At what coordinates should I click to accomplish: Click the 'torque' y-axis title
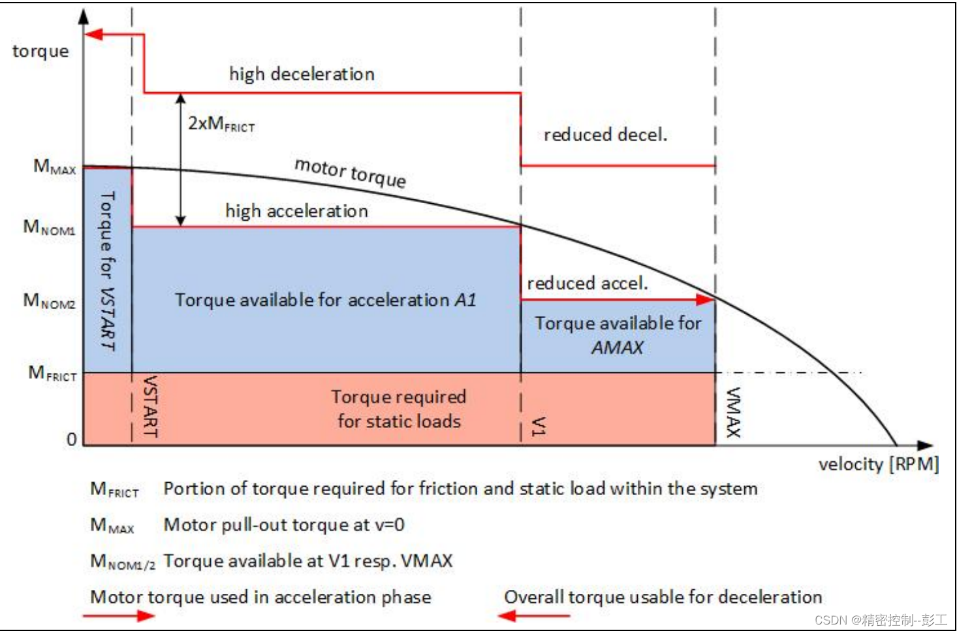tap(40, 51)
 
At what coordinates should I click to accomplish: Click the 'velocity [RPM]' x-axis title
tap(878, 464)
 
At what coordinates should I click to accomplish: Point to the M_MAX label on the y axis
tap(55, 167)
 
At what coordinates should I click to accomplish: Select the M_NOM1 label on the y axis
tap(50, 227)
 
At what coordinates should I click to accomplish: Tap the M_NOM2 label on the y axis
tap(50, 301)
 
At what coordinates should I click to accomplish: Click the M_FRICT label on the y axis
tap(53, 374)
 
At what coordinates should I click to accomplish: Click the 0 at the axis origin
tap(72, 439)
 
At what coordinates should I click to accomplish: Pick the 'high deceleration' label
tap(302, 74)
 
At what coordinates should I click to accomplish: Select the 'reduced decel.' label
tap(605, 135)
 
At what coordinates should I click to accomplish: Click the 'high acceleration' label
tap(296, 211)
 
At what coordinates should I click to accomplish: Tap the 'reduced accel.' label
tap(587, 284)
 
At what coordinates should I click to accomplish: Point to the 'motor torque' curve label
tap(350, 172)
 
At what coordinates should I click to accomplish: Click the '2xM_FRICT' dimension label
tap(221, 123)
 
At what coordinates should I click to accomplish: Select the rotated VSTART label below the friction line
tap(150, 406)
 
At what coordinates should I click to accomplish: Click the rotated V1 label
tap(539, 426)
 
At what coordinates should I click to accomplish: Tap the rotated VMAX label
tap(734, 412)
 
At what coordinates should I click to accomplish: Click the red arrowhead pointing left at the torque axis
tap(95, 34)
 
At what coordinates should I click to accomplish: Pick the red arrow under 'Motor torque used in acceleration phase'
tap(119, 615)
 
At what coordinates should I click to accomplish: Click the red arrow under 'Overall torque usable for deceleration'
tap(533, 615)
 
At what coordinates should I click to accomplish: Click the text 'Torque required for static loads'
tap(399, 409)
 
